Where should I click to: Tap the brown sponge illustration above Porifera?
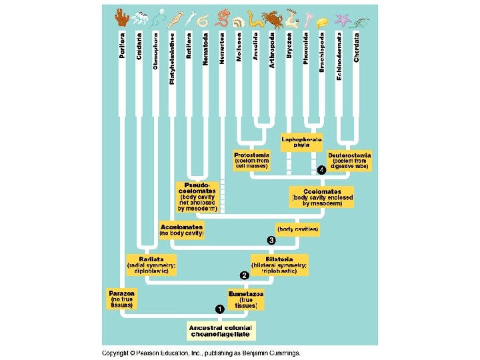click(x=121, y=17)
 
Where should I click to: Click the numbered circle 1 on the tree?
click(x=219, y=309)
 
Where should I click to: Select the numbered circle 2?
click(x=245, y=275)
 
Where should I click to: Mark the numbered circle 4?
click(x=321, y=170)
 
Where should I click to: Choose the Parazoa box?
click(x=123, y=299)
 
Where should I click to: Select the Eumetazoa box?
click(x=246, y=299)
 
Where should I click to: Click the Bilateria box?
click(x=280, y=265)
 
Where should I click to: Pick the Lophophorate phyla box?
click(x=301, y=141)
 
